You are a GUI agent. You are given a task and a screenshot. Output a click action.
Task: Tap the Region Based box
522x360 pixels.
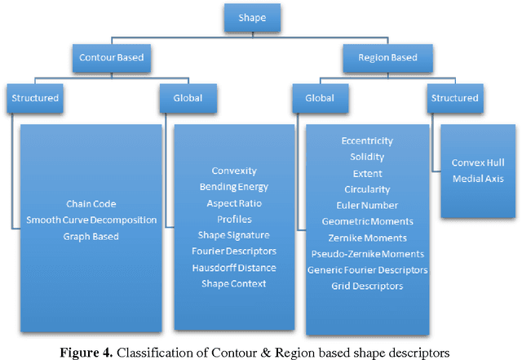(389, 58)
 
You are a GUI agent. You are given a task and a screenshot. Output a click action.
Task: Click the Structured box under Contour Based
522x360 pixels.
(35, 99)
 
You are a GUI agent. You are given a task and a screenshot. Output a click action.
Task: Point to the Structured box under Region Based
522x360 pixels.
(455, 99)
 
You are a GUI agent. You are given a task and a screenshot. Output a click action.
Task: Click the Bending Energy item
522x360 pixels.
(234, 187)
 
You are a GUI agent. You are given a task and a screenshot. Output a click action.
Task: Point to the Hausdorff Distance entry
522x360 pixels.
(234, 268)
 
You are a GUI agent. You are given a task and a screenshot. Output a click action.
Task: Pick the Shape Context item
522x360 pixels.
(234, 284)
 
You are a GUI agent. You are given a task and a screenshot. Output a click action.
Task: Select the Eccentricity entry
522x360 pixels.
(367, 140)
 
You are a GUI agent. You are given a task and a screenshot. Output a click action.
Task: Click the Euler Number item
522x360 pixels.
(367, 205)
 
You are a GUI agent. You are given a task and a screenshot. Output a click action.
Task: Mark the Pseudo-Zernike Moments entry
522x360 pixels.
(367, 253)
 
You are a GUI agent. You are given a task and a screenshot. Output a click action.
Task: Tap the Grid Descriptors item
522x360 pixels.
(367, 286)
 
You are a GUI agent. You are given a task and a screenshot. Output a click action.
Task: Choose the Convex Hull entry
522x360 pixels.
(478, 162)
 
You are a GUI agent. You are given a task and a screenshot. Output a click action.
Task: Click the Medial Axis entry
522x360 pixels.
(478, 179)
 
